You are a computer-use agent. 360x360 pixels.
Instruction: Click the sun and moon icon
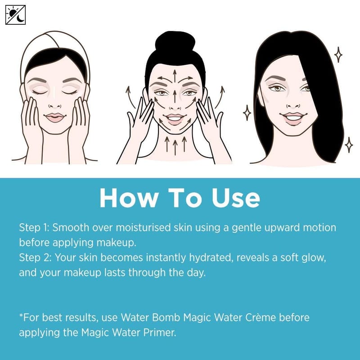coord(15,15)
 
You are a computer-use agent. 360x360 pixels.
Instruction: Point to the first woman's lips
coord(55,117)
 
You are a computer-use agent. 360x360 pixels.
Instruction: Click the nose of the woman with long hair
coord(293,104)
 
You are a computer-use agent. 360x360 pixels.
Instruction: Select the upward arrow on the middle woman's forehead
coord(175,75)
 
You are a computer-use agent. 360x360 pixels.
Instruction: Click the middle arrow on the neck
coord(175,147)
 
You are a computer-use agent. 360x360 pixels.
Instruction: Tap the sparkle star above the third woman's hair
coord(338,54)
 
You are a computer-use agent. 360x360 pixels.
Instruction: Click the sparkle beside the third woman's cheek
coord(247,113)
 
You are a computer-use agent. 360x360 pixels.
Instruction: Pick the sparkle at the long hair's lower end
coord(349,145)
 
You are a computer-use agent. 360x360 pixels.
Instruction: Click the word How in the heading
coord(129,198)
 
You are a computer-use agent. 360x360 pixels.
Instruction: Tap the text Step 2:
coord(35,258)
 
